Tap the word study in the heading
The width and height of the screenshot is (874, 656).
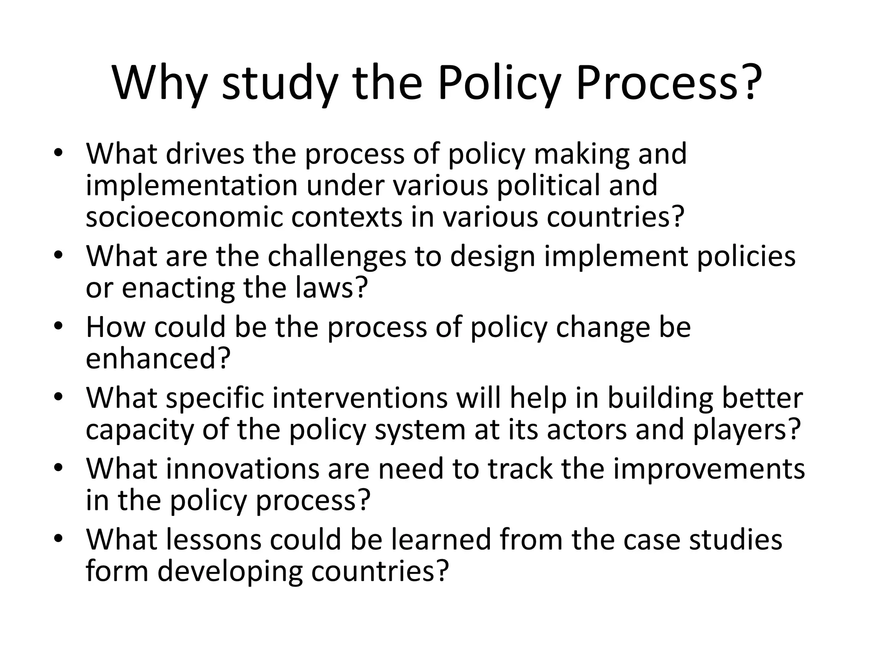(280, 83)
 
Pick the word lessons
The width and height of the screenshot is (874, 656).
(213, 539)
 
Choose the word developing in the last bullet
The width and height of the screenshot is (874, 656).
(230, 571)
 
